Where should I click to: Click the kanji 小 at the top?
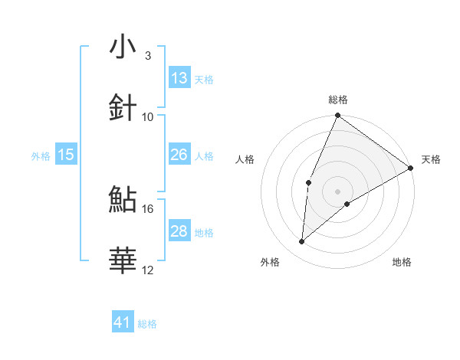123,47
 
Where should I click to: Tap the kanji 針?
123,107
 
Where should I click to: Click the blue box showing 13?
179,78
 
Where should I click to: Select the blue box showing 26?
179,155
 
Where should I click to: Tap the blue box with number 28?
179,231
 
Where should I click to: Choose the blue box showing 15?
66,155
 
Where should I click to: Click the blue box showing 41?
123,322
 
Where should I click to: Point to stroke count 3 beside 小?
148,56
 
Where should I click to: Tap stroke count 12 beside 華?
148,270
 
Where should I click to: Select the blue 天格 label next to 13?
204,79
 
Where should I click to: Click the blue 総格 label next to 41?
147,324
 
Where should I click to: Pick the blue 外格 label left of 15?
41,155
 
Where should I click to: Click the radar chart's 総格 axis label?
338,100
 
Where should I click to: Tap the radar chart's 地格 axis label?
402,262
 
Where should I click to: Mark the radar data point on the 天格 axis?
411,168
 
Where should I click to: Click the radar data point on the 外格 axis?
302,242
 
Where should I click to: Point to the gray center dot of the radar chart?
338,191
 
